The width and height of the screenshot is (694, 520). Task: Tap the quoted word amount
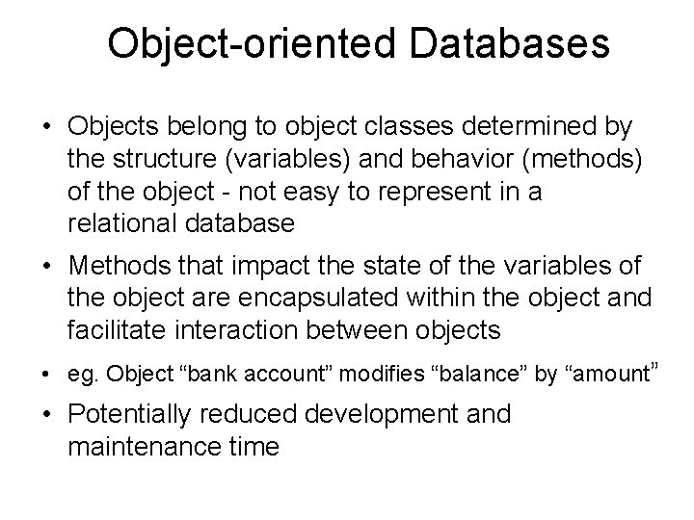point(611,373)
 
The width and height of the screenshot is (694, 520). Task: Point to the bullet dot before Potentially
point(44,415)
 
